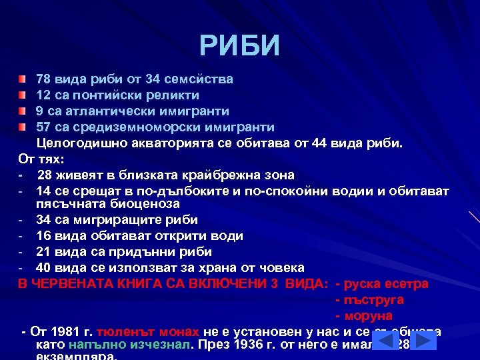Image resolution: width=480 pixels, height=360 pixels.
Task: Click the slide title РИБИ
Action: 240,45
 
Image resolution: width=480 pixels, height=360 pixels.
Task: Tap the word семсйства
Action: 201,79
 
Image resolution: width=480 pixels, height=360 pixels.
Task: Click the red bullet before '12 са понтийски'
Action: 23,95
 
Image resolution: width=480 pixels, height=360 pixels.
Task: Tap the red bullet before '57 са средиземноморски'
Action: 23,127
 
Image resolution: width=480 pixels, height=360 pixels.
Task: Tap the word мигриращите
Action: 114,219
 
